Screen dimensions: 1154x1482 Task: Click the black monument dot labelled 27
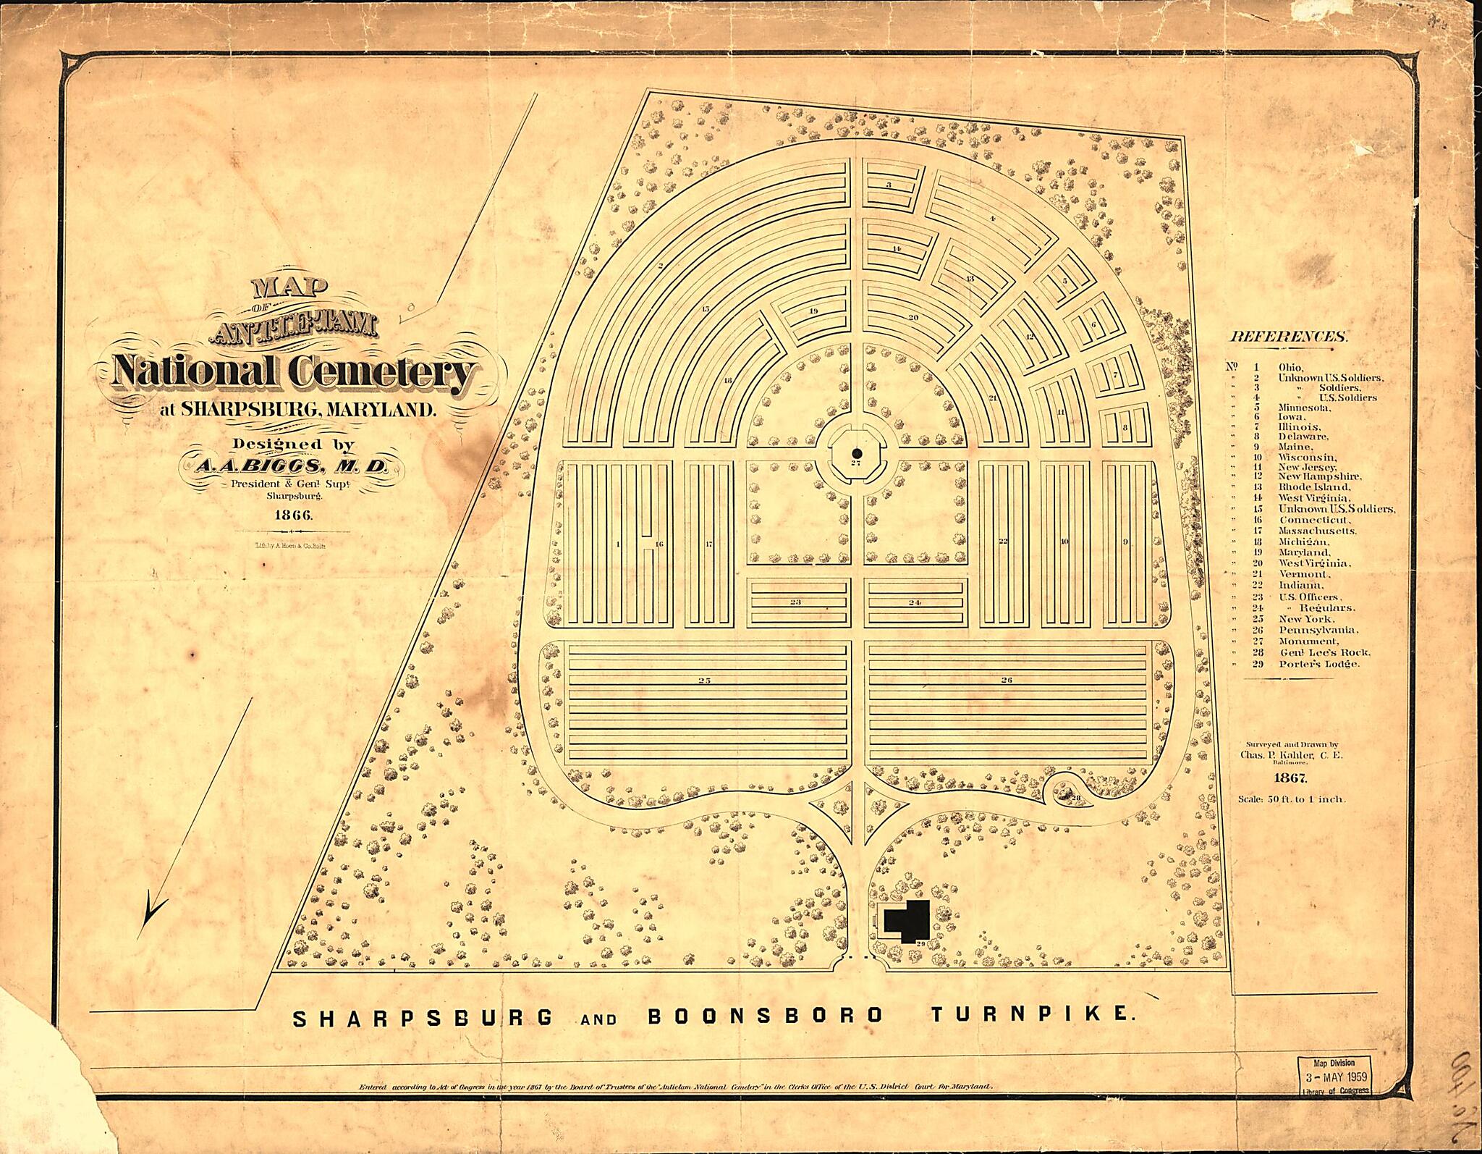pos(856,452)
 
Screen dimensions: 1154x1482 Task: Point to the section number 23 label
pos(795,602)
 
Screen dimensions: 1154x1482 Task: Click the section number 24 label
pos(915,602)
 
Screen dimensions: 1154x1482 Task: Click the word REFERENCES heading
pos(1289,337)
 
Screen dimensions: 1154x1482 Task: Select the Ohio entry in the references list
pos(1290,367)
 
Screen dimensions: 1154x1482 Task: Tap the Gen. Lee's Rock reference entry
pos(1313,652)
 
